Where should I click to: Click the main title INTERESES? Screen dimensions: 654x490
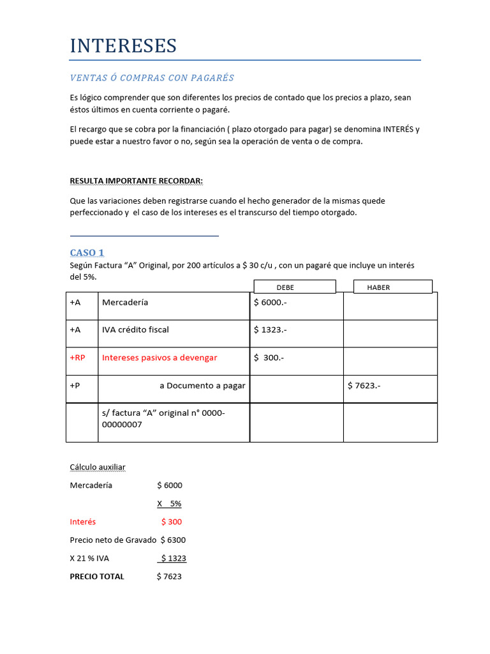point(123,46)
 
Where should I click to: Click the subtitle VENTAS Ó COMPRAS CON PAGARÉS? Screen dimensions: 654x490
point(152,78)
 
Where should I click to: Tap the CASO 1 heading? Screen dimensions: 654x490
point(87,253)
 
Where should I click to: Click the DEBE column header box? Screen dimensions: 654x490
point(294,287)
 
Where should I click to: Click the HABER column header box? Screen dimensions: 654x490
point(392,287)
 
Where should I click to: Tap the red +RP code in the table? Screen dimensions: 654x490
point(77,358)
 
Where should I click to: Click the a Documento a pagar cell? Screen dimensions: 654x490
point(202,386)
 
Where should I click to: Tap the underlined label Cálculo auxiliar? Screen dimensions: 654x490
point(98,468)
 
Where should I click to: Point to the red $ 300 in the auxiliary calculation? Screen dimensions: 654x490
point(172,522)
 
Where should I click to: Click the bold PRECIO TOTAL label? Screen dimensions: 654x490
point(97,577)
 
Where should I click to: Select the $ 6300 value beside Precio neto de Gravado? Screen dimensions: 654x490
point(174,540)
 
